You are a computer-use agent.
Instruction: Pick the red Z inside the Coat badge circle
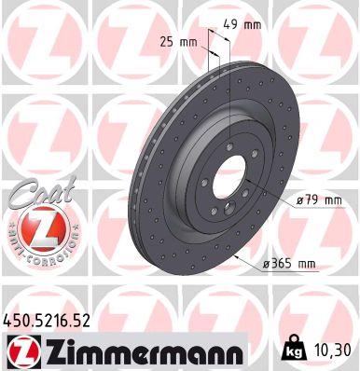pos(31,227)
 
